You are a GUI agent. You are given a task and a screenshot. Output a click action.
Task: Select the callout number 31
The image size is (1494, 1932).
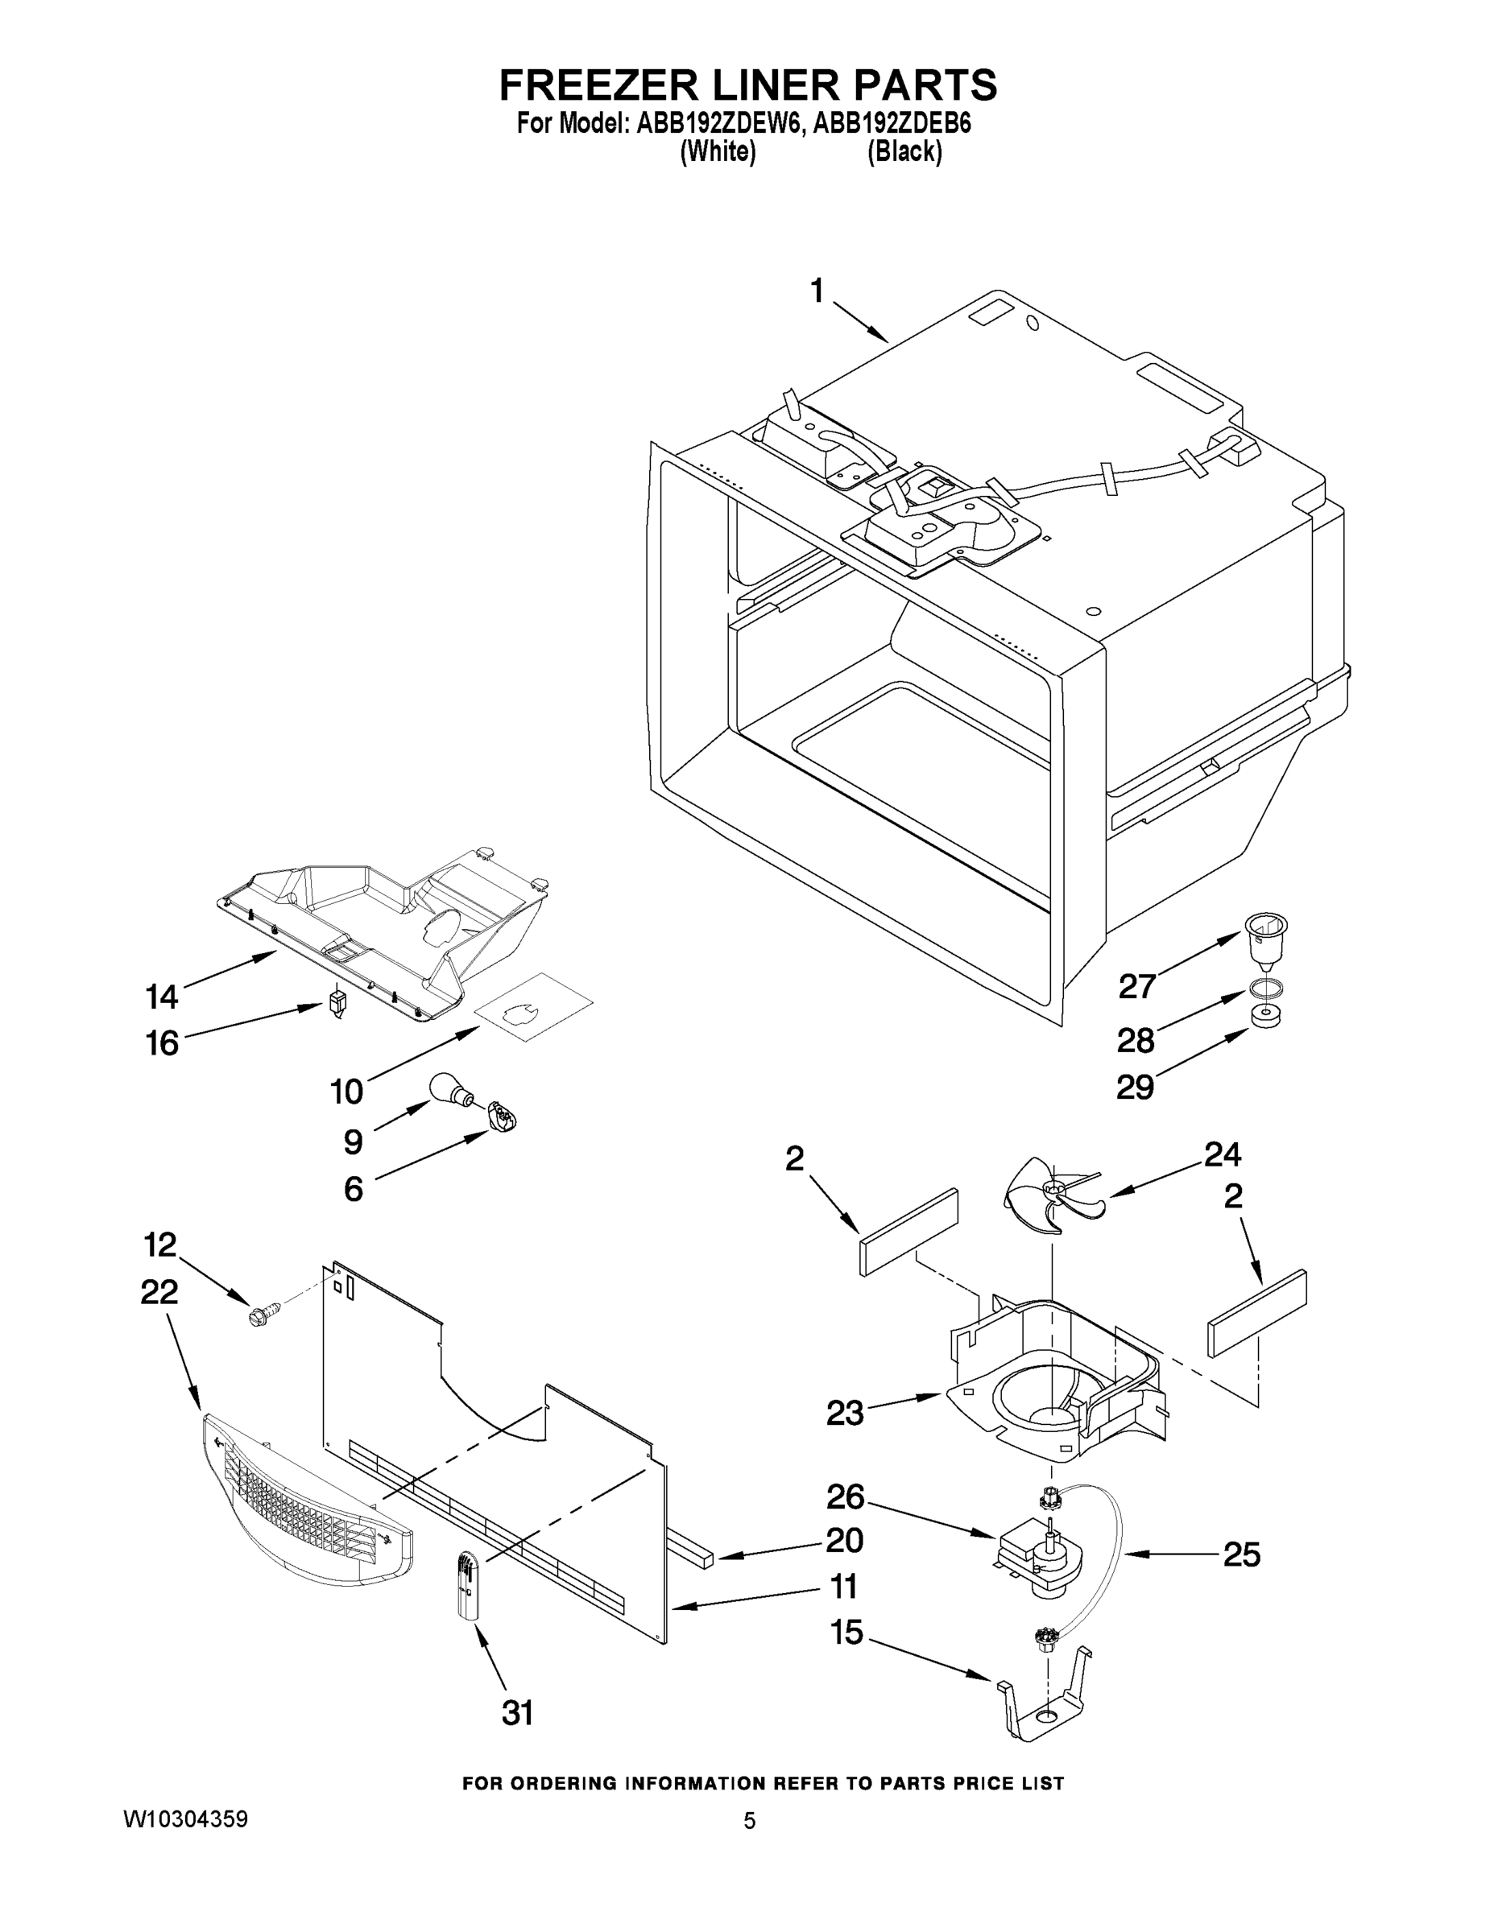(518, 1714)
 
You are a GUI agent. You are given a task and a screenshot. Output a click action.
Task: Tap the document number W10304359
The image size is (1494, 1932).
(185, 1818)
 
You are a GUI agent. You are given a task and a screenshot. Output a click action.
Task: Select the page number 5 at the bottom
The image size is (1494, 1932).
(749, 1821)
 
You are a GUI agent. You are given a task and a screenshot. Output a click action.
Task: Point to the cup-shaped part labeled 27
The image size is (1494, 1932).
(1265, 940)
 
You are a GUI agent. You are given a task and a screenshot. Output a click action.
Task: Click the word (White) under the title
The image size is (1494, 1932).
(718, 152)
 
